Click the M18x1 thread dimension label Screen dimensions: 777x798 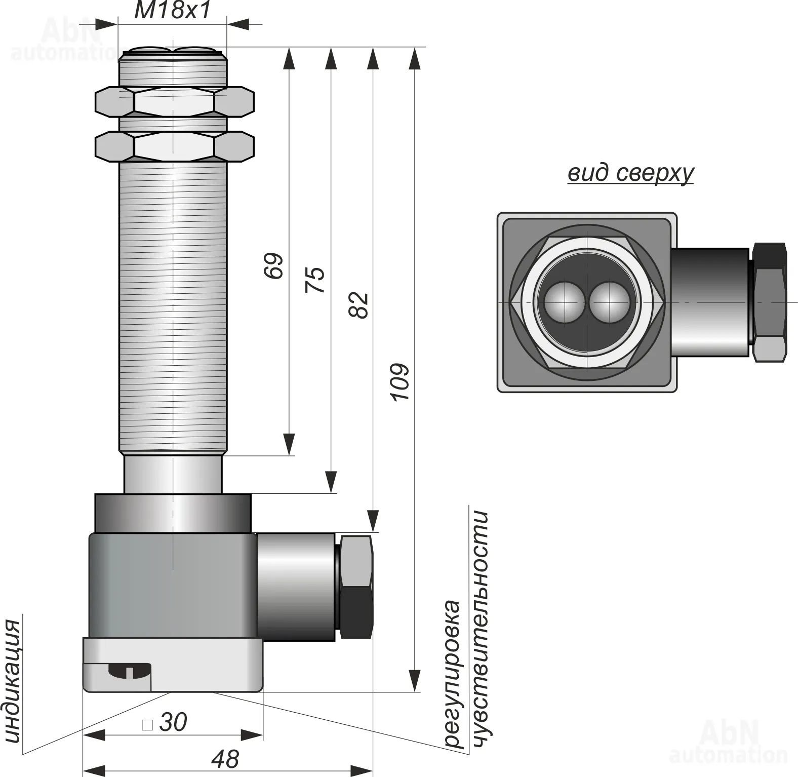click(x=172, y=11)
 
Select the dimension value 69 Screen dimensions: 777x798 click(x=274, y=266)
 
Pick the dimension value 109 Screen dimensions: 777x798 click(x=400, y=382)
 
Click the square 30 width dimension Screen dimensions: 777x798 click(x=166, y=722)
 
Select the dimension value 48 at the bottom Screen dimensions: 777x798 click(x=225, y=759)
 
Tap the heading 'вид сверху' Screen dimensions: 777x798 click(x=630, y=173)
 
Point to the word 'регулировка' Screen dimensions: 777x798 click(x=452, y=674)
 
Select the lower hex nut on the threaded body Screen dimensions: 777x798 click(x=174, y=146)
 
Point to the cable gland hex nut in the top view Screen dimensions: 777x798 click(x=770, y=302)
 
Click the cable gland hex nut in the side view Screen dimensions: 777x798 click(x=356, y=586)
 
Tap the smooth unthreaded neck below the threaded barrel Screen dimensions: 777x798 click(x=173, y=474)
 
